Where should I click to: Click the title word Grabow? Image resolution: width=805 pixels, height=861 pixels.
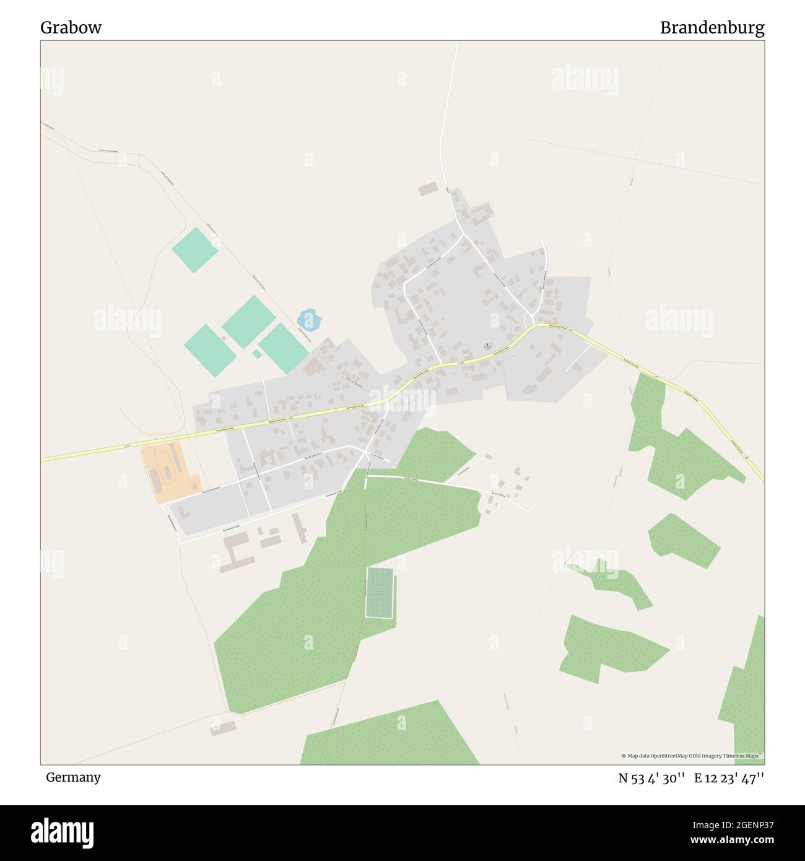click(71, 28)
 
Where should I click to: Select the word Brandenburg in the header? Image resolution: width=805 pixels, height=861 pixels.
click(711, 28)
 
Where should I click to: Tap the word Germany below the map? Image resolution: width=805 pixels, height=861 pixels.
click(73, 777)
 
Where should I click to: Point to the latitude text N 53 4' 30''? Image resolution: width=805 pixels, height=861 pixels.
click(651, 778)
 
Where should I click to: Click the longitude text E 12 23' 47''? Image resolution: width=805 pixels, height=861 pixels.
click(729, 778)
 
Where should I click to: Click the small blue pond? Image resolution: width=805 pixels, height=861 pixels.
click(310, 320)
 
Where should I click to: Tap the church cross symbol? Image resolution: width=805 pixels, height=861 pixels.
click(486, 345)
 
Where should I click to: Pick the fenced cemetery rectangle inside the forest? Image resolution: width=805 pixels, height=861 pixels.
click(380, 593)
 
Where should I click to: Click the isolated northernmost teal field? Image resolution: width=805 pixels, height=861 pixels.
click(195, 249)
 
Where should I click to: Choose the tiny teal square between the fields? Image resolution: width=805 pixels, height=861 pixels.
click(256, 354)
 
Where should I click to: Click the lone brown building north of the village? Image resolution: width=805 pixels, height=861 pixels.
click(428, 189)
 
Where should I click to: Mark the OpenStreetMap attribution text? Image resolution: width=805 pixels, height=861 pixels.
click(692, 756)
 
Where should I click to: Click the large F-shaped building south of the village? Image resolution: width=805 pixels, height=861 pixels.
click(235, 553)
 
